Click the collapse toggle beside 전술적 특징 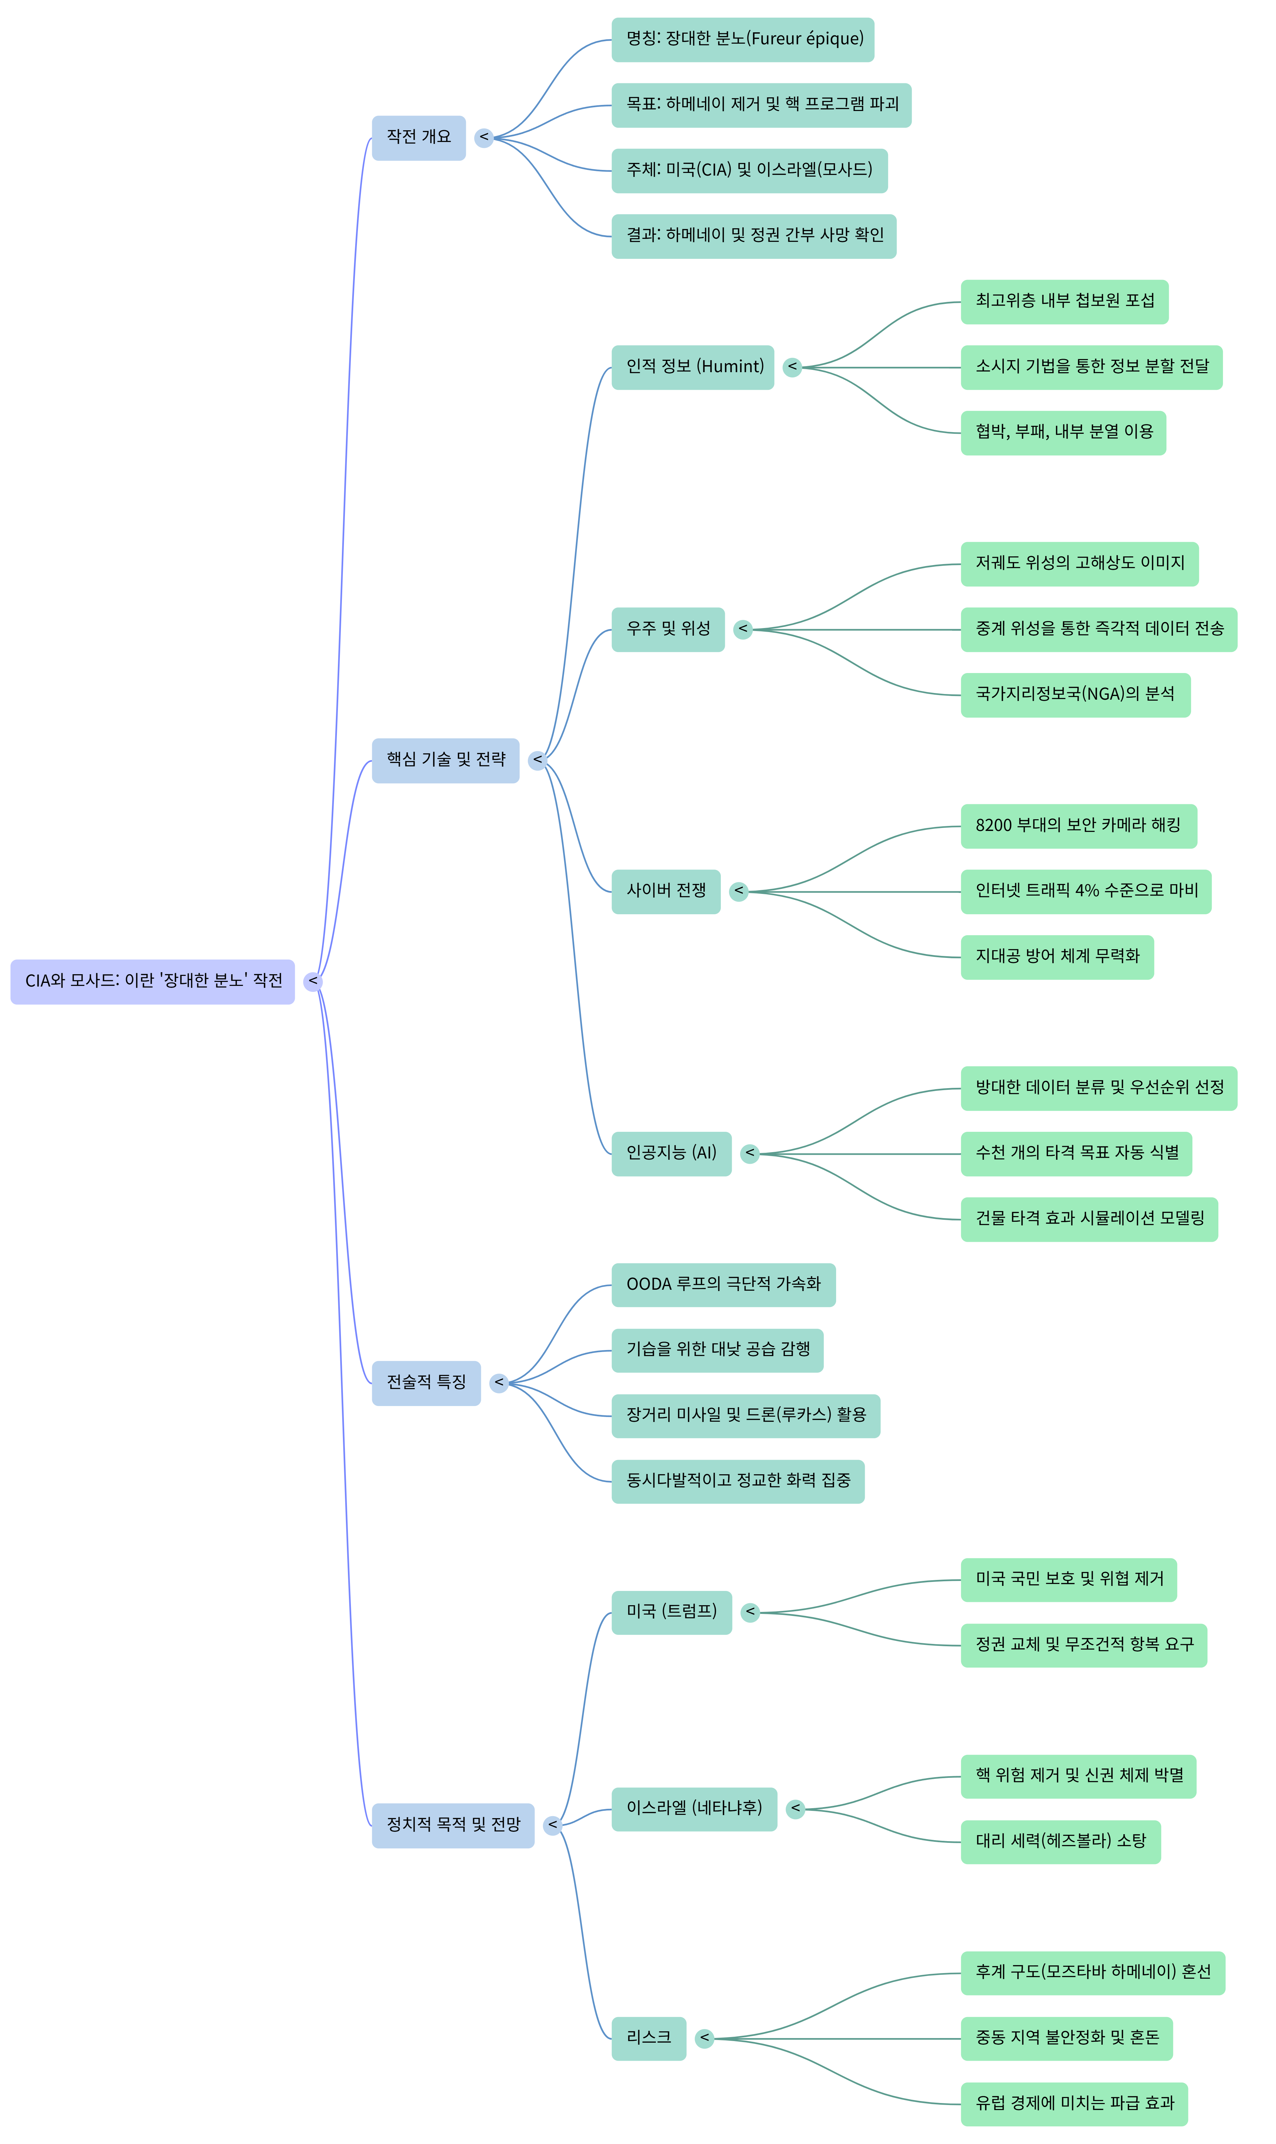tap(499, 1382)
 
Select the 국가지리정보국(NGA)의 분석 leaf tap(1075, 695)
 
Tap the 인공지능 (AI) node tap(671, 1154)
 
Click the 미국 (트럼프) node tap(671, 1612)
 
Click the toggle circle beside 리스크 tap(704, 2038)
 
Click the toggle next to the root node tap(313, 981)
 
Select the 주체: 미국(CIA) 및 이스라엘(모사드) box tap(749, 170)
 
